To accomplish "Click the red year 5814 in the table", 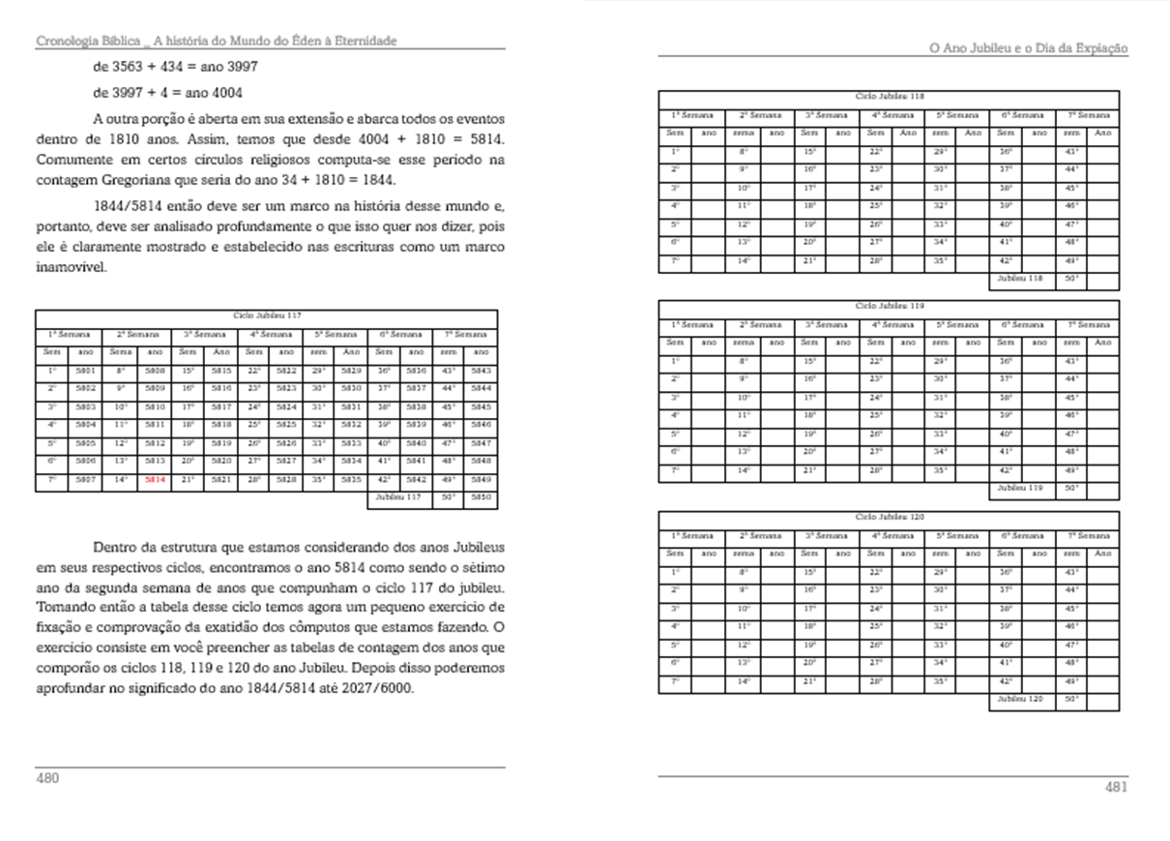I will pyautogui.click(x=155, y=479).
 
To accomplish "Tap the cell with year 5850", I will pyautogui.click(x=481, y=498).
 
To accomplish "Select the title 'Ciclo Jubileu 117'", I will pyautogui.click(x=266, y=315).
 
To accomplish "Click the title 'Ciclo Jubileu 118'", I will pyautogui.click(x=889, y=97).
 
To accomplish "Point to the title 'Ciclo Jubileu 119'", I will pyautogui.click(x=889, y=306).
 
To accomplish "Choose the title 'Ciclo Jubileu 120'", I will pyautogui.click(x=889, y=517).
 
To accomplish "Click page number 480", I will pyautogui.click(x=49, y=777).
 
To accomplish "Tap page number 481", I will pyautogui.click(x=1116, y=787).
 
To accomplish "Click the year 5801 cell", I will pyautogui.click(x=85, y=370).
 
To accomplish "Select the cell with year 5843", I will pyautogui.click(x=481, y=370).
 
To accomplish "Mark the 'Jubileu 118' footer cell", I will pyautogui.click(x=1020, y=280).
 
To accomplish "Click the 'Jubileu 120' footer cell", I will pyautogui.click(x=1020, y=699).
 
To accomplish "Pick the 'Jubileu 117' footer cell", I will pyautogui.click(x=398, y=497).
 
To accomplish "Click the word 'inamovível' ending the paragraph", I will pyautogui.click(x=71, y=268).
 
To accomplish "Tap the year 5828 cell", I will pyautogui.click(x=285, y=479).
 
